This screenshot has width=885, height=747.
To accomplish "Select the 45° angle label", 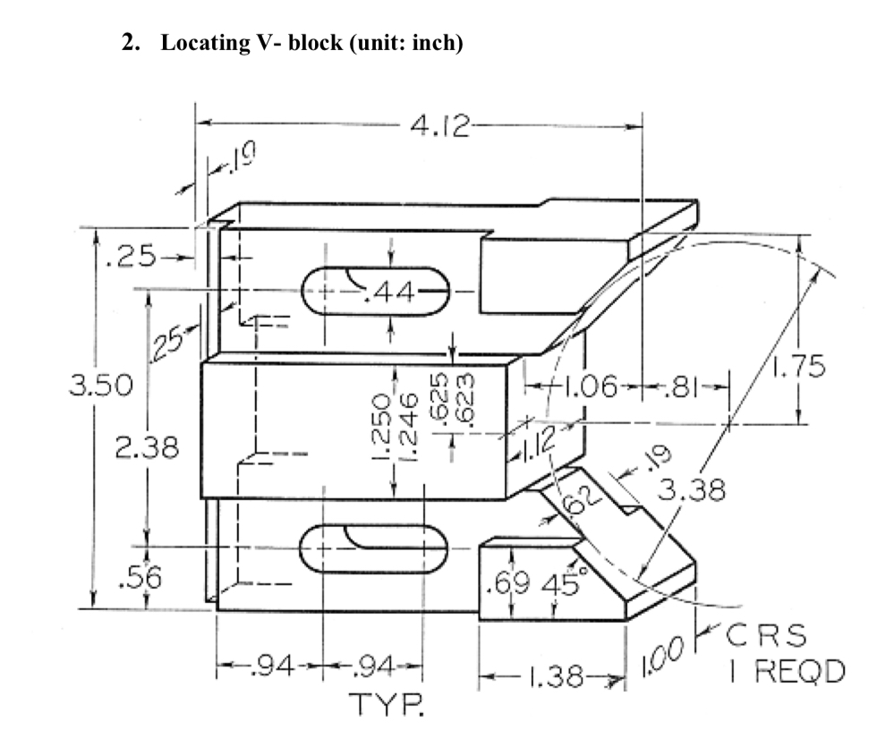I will [x=561, y=588].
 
